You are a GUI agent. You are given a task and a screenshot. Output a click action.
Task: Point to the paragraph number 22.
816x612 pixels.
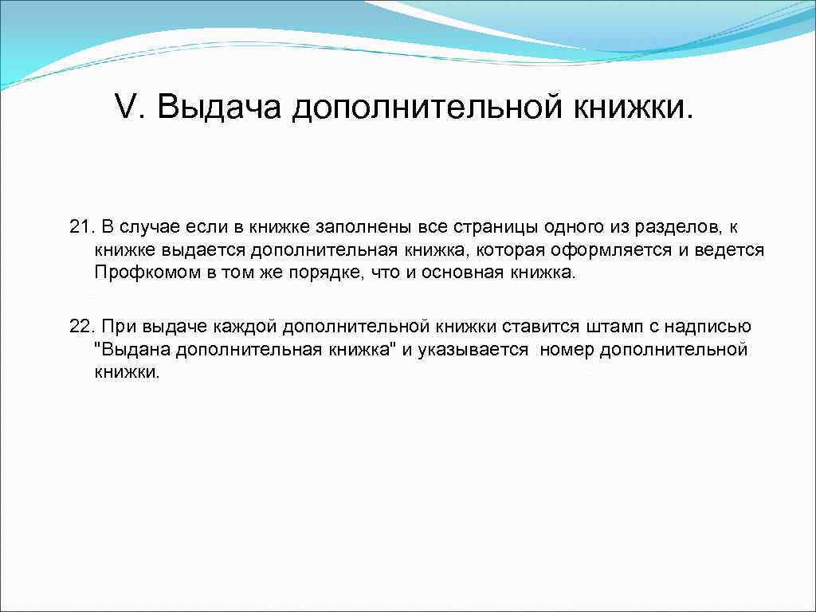[80, 327]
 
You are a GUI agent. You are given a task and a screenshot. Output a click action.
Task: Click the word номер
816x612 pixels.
[566, 350]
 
